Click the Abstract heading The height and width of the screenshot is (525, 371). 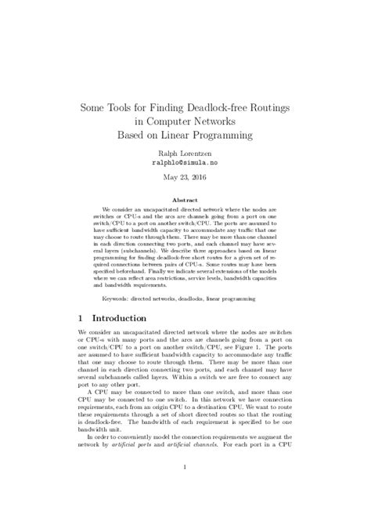[x=185, y=201]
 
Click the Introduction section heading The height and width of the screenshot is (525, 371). [x=130, y=320]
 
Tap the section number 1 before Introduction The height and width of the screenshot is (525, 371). [x=82, y=320]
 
